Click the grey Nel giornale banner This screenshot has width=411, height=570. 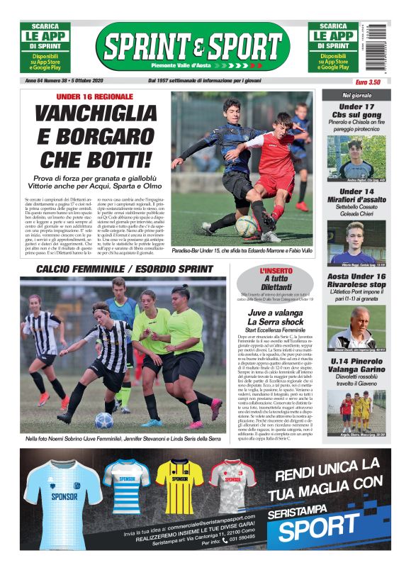click(356, 95)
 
